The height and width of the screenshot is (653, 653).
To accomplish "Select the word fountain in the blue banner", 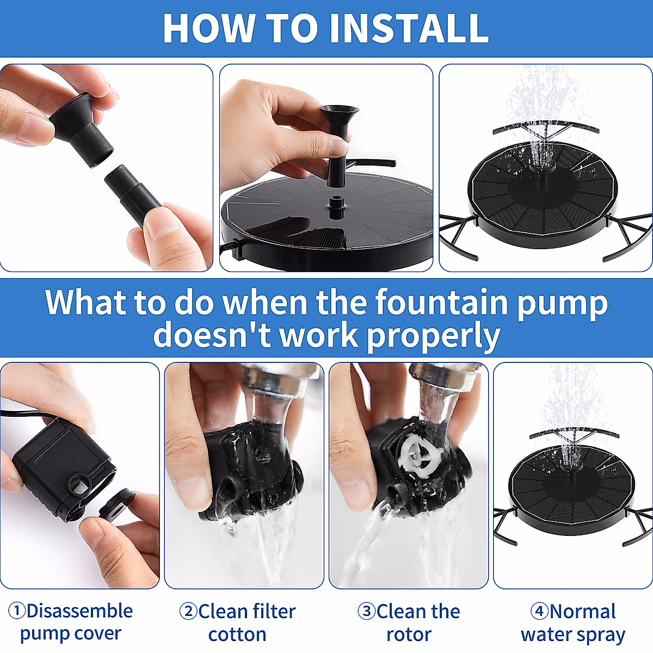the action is point(441,302).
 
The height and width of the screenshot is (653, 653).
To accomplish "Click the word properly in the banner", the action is point(434,336).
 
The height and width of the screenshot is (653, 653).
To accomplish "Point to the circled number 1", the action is point(17,611).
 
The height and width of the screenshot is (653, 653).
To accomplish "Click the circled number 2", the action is point(188,611).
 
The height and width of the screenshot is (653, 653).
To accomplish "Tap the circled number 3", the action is point(367,611).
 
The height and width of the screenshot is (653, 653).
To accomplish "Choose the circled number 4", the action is point(539,611).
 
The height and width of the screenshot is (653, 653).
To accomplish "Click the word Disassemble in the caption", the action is point(79,611).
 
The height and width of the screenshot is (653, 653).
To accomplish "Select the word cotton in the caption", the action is point(237,634).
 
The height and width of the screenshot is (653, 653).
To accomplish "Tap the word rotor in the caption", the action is point(409,635).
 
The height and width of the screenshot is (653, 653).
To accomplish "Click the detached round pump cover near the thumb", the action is point(116,503).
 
